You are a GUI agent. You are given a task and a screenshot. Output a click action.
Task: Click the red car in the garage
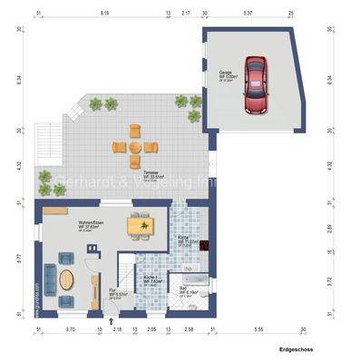pyautogui.click(x=257, y=86)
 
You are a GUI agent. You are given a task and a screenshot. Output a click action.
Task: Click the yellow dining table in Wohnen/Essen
pyautogui.click(x=140, y=226)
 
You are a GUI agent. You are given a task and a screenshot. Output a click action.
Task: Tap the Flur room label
pyautogui.click(x=116, y=292)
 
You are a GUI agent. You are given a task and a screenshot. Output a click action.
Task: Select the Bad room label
pyautogui.click(x=183, y=289)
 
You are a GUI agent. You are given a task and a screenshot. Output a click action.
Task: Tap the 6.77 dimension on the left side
pyautogui.click(x=18, y=257)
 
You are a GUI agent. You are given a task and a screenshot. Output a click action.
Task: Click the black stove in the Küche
pyautogui.click(x=206, y=243)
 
